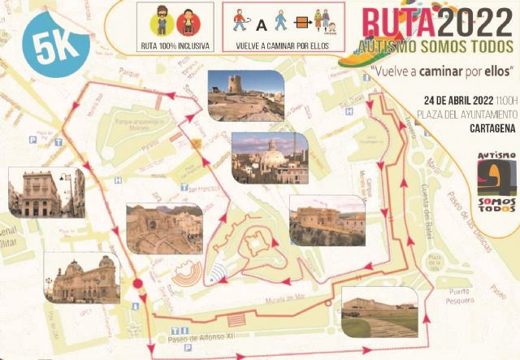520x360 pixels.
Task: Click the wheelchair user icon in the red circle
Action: pos(184,21)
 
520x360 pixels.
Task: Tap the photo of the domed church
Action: pos(270,158)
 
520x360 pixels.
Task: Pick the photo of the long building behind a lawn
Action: pos(379,312)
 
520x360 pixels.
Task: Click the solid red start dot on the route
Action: pos(138,284)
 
